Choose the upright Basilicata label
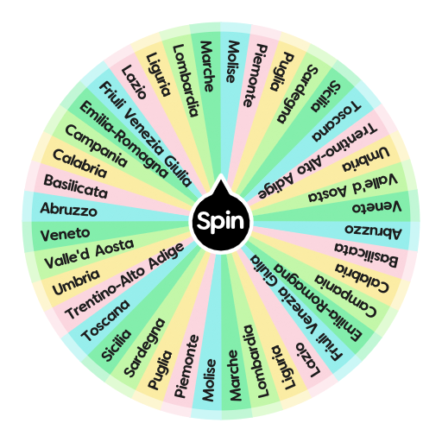[75, 186]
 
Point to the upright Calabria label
[79, 161]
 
